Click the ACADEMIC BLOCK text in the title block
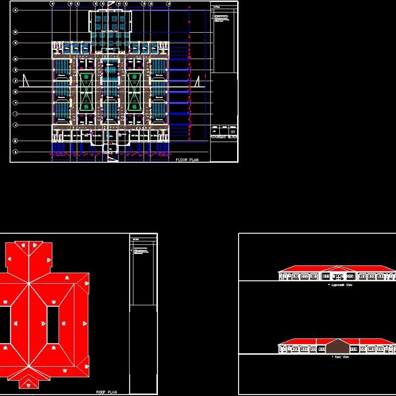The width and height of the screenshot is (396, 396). point(224,137)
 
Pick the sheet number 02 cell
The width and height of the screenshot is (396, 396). point(233,131)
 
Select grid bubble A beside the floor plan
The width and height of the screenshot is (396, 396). point(15,10)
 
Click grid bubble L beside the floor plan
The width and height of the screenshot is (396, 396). point(15,152)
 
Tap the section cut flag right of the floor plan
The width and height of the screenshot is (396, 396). point(197,82)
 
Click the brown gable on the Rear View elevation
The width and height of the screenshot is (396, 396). point(338,346)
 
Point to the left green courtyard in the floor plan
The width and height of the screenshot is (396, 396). point(87,92)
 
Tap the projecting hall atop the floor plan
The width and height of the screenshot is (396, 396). point(110,22)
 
